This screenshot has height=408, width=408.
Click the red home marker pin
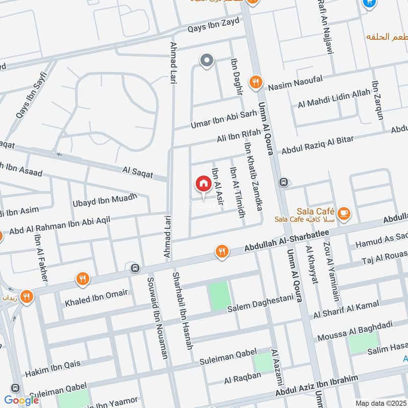pyautogui.click(x=203, y=185)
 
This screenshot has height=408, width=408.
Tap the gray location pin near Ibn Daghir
pyautogui.click(x=207, y=62)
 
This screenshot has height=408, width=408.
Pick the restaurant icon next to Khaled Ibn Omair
pyautogui.click(x=82, y=279)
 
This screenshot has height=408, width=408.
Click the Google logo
pyautogui.click(x=21, y=400)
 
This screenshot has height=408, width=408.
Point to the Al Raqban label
pyautogui.click(x=243, y=378)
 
